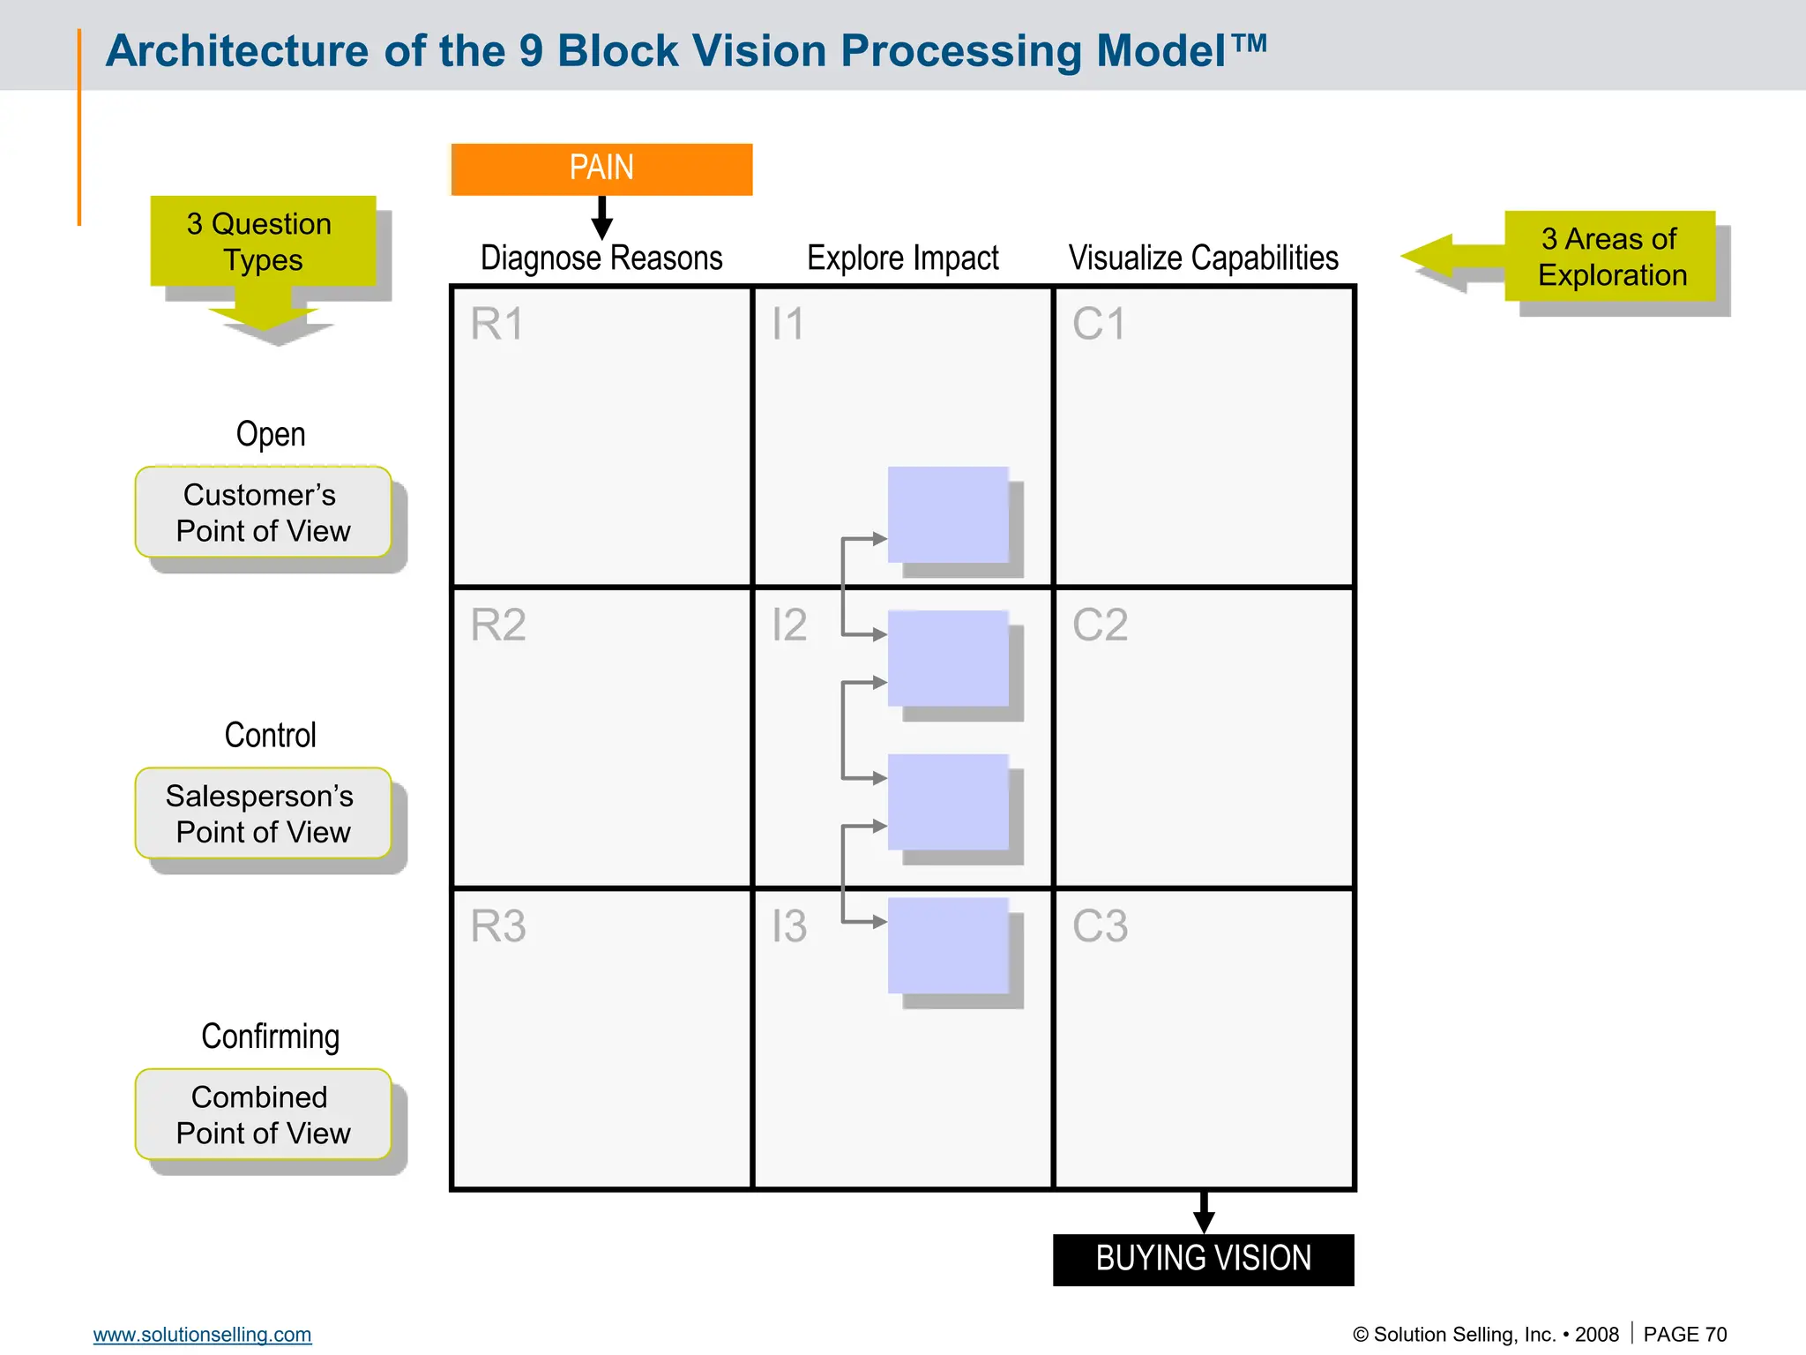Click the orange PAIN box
[601, 168]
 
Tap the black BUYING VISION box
[1203, 1259]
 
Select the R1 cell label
[496, 324]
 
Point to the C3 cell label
[1100, 926]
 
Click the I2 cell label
[788, 625]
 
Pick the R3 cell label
[497, 926]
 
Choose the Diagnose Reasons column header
[601, 258]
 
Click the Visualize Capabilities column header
[1203, 258]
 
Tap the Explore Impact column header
[902, 258]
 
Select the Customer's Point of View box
[263, 513]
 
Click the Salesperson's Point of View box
[263, 813]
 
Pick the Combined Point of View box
[263, 1114]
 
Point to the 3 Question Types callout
[263, 242]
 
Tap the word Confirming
[270, 1037]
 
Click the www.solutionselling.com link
[202, 1335]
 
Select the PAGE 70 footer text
[1684, 1335]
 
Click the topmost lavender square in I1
[948, 514]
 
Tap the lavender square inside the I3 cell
[948, 945]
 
